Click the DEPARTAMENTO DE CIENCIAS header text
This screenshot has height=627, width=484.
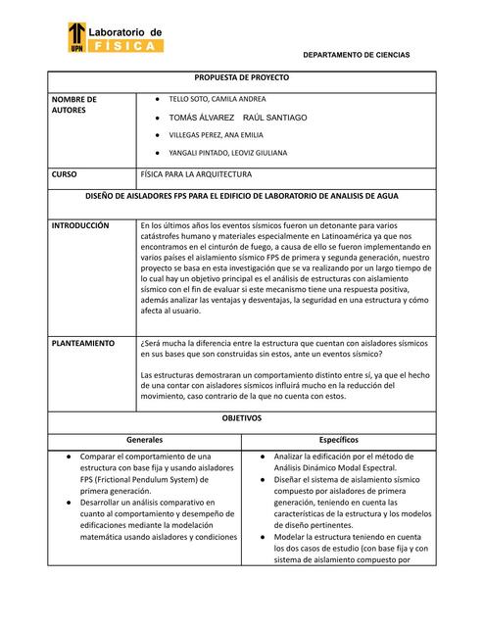[x=355, y=55]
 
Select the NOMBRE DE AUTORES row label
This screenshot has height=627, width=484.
[x=73, y=105]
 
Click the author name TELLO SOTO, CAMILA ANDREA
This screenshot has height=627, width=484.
[x=217, y=100]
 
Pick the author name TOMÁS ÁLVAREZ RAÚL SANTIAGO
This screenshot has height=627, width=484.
[x=237, y=118]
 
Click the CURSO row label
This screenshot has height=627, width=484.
[x=64, y=174]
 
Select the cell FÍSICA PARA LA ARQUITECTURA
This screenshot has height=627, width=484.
[x=196, y=174]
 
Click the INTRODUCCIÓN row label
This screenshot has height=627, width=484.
[x=80, y=225]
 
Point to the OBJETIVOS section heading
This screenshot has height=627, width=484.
[x=241, y=417]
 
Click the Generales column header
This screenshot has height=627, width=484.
[x=142, y=440]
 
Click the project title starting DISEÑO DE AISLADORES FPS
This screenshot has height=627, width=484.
[x=241, y=196]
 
